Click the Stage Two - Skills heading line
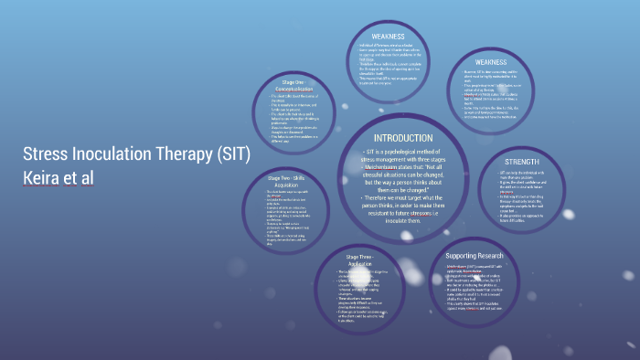click(x=285, y=177)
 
